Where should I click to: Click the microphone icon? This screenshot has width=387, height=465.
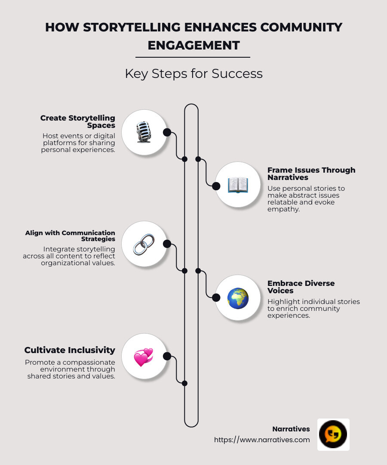pyautogui.click(x=144, y=132)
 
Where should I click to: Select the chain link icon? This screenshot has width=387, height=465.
pyautogui.click(x=144, y=244)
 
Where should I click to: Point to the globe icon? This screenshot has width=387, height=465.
pyautogui.click(x=238, y=298)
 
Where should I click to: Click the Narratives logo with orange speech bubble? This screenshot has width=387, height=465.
pyautogui.click(x=333, y=434)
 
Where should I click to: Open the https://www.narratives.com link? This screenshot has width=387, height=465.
pyautogui.click(x=262, y=440)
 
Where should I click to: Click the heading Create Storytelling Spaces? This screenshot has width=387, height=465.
pyautogui.click(x=78, y=121)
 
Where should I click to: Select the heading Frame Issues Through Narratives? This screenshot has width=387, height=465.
pyautogui.click(x=311, y=174)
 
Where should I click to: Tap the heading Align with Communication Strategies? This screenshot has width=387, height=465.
pyautogui.click(x=70, y=236)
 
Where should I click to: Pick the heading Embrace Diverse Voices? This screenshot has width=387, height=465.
pyautogui.click(x=301, y=287)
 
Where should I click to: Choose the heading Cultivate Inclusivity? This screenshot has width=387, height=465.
pyautogui.click(x=70, y=350)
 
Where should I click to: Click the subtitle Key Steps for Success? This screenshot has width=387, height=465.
pyautogui.click(x=193, y=74)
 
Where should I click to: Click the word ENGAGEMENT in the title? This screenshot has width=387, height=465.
pyautogui.click(x=193, y=45)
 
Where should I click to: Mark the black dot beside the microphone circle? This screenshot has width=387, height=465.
pyautogui.click(x=167, y=132)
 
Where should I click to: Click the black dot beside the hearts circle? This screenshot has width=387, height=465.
pyautogui.click(x=167, y=356)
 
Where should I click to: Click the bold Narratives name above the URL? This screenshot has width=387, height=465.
pyautogui.click(x=291, y=429)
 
